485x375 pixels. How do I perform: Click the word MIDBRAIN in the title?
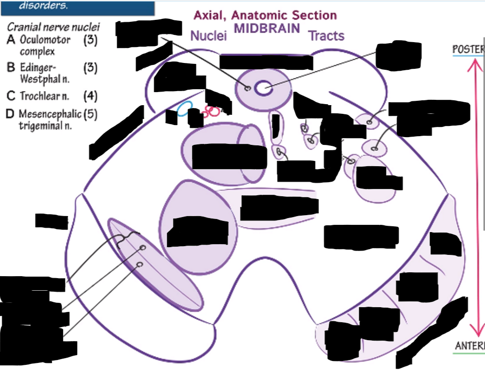[x=267, y=28]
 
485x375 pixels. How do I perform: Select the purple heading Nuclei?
[x=209, y=36]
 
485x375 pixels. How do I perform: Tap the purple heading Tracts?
[x=326, y=36]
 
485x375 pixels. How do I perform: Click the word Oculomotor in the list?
[x=45, y=40]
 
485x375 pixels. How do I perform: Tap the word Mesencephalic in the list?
[x=50, y=114]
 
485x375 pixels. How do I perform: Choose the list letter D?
[x=10, y=114]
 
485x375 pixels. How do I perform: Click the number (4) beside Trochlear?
[x=90, y=95]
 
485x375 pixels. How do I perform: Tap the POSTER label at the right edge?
[x=469, y=49]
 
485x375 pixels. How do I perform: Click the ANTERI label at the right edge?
[x=469, y=346]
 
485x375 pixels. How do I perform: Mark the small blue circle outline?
[x=183, y=109]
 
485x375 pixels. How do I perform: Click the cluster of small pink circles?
[x=211, y=111]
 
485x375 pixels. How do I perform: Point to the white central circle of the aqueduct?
[x=263, y=88]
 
